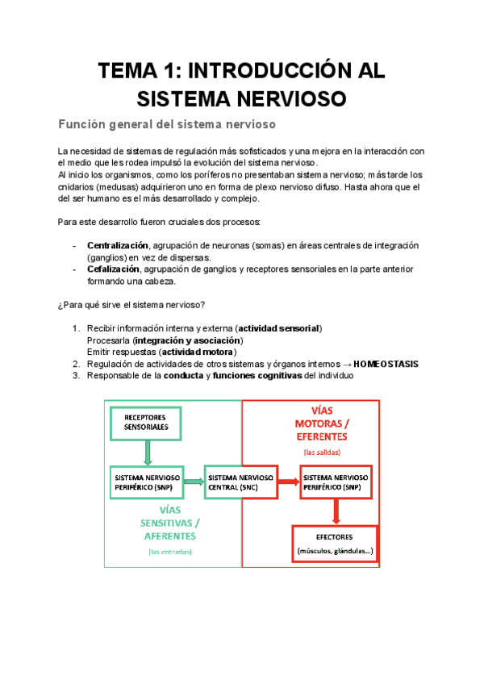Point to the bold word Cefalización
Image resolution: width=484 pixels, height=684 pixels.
(114, 269)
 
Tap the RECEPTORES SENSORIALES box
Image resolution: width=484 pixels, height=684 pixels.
(146, 422)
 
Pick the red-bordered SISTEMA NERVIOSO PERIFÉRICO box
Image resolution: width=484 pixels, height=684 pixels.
(335, 482)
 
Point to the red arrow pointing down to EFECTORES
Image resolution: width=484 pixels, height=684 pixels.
(336, 511)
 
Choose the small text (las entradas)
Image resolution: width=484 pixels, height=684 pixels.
(169, 552)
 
